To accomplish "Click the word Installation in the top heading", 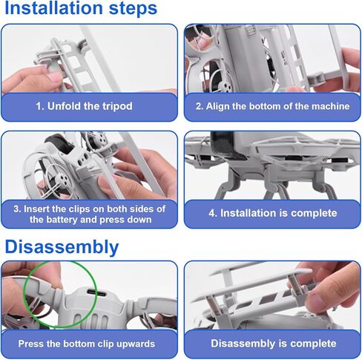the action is tap(53, 8).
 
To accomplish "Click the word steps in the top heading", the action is tap(133, 9).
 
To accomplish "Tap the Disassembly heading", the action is tap(62, 247).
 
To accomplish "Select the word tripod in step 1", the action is tap(117, 106).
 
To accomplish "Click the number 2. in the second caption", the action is tap(200, 106).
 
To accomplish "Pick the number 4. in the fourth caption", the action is tap(213, 213).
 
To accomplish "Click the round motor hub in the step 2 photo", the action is tap(226, 86).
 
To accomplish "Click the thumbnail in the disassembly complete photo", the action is tap(317, 300).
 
